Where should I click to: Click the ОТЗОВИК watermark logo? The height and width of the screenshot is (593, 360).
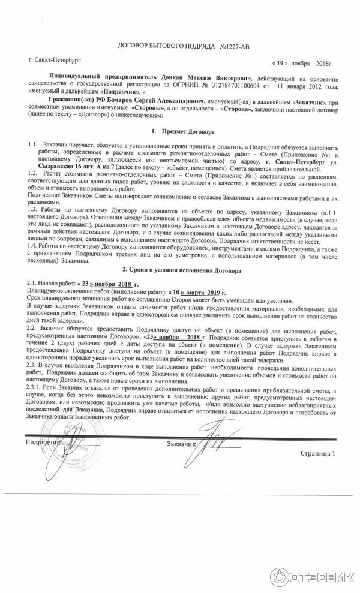click(311, 574)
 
